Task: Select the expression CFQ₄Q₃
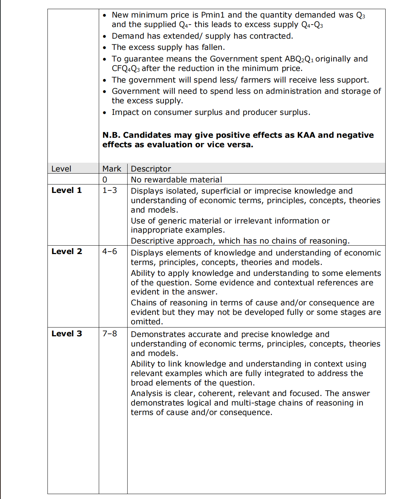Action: click(125, 69)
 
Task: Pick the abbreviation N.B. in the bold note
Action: click(111, 135)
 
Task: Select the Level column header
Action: click(61, 169)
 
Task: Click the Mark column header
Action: click(112, 169)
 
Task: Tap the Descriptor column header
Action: click(151, 169)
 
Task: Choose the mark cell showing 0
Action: click(105, 180)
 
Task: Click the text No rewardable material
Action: click(176, 180)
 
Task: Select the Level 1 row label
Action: click(66, 190)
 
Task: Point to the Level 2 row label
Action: click(66, 252)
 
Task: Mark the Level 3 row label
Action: click(66, 333)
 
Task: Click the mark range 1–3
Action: click(110, 190)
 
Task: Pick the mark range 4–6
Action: click(110, 252)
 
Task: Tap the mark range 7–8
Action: click(110, 333)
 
